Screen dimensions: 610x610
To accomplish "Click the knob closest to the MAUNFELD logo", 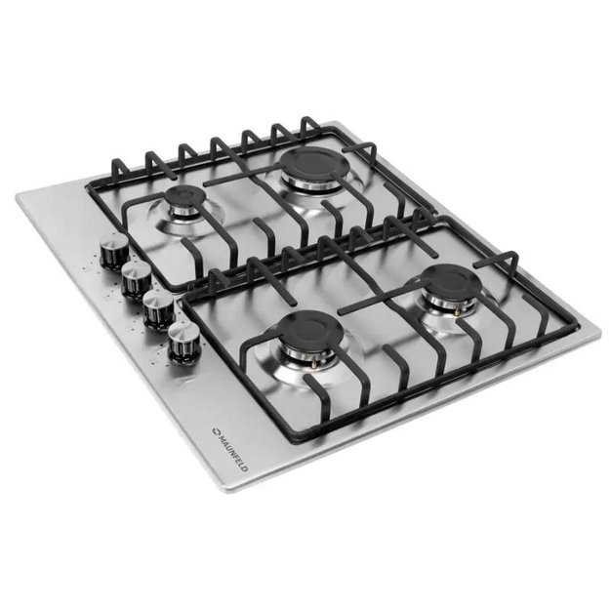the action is pyautogui.click(x=183, y=342).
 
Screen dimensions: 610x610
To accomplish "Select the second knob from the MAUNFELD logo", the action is pyautogui.click(x=159, y=310).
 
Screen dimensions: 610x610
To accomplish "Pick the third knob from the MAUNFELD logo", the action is pyautogui.click(x=137, y=280).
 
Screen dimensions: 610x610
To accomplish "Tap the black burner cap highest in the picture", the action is pyautogui.click(x=315, y=163).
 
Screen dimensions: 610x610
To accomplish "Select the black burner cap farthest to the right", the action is pyautogui.click(x=452, y=279).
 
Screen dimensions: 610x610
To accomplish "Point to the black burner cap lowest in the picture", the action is pyautogui.click(x=311, y=330).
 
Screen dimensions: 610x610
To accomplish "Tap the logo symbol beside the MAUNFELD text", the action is pyautogui.click(x=216, y=431).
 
